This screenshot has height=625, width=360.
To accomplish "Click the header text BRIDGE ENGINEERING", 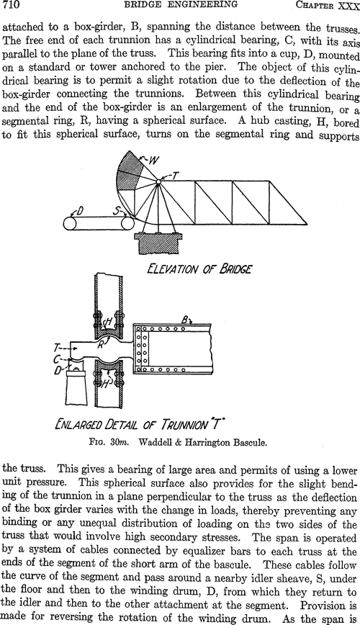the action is [x=181, y=4].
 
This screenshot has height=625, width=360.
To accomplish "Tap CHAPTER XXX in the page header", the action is [x=328, y=5].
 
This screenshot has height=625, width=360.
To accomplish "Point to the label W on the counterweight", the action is [x=154, y=161].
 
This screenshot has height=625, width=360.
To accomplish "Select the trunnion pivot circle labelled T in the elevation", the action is [x=158, y=181].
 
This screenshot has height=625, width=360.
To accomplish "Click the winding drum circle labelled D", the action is [x=71, y=223].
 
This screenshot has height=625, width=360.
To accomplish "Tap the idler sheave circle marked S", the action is [x=127, y=223].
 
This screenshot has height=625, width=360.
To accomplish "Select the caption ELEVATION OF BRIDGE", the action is [x=199, y=269].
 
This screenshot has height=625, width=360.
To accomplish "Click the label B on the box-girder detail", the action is [x=185, y=320].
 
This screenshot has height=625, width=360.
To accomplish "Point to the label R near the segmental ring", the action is [x=101, y=344].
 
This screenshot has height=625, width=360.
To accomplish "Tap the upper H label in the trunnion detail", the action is [x=107, y=323].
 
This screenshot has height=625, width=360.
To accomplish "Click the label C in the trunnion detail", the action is [x=58, y=359].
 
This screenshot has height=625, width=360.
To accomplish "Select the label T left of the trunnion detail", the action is [x=57, y=349].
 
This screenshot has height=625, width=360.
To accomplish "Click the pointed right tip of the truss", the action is [x=307, y=223].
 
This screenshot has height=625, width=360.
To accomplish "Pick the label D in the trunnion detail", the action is [x=58, y=371].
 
